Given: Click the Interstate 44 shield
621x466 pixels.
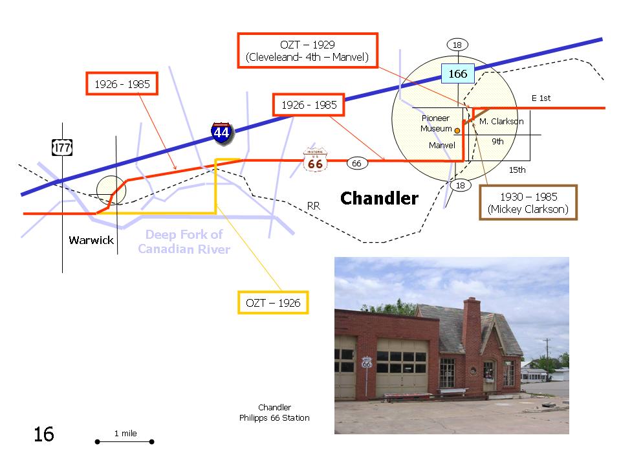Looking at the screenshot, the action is point(221,133).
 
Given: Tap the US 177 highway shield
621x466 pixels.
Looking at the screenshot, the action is point(62,148).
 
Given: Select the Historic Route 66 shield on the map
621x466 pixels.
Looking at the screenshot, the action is point(315,160).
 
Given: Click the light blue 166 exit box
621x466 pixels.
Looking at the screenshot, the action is point(458,73).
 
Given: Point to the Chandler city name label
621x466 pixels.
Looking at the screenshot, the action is point(380,198).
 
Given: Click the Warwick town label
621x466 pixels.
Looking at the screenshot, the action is point(91,240).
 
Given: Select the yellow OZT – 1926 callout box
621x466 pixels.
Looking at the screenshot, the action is point(273,303).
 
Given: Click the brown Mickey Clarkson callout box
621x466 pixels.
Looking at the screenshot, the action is point(528,203).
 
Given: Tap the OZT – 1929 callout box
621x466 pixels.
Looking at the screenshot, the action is point(308,50).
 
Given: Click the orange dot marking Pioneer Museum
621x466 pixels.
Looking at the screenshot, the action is point(457,130).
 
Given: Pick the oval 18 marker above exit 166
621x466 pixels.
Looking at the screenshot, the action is point(457,45).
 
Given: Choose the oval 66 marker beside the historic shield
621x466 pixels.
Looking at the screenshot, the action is point(357,163).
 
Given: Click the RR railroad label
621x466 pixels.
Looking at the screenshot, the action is point(313,206).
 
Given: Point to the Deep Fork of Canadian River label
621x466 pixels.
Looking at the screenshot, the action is point(184,241).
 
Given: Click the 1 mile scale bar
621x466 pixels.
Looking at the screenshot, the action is point(125,441).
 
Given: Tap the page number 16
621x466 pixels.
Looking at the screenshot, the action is point(43,434).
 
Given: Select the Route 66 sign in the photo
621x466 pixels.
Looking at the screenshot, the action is point(367,362).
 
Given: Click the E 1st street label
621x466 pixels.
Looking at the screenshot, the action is point(541,98).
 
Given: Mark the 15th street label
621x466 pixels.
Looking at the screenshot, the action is point(517,170).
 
